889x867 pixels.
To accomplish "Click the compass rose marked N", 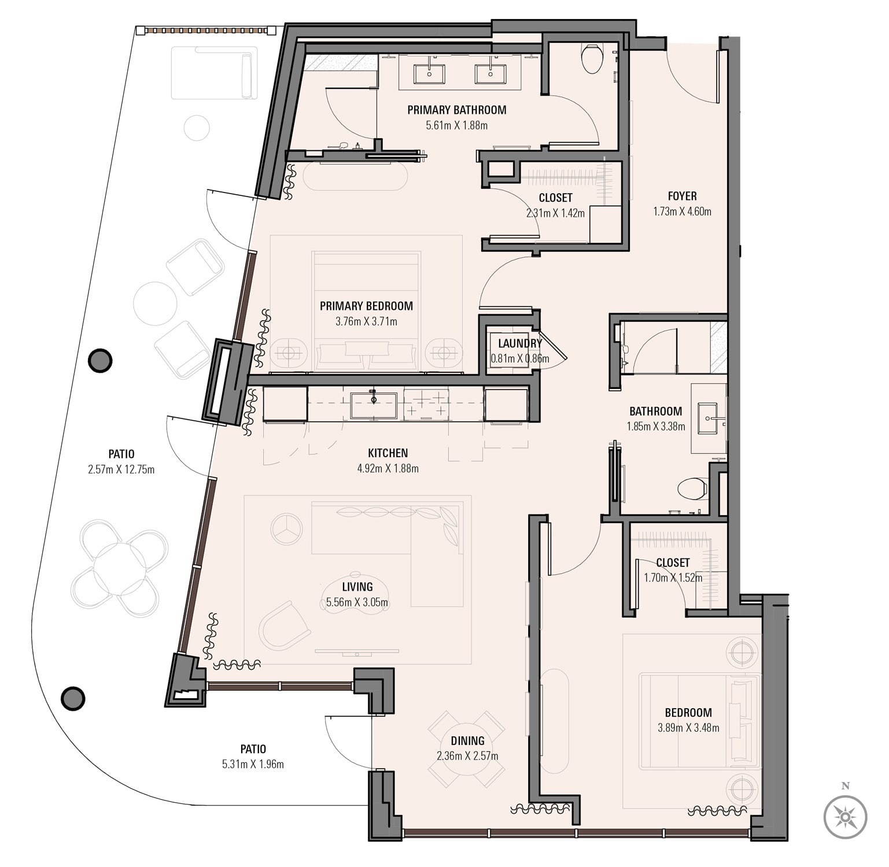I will [845, 817].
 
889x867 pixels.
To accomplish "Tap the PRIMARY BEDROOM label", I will [366, 306].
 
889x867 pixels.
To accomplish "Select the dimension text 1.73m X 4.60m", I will [682, 212].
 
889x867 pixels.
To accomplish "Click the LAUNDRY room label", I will [519, 343].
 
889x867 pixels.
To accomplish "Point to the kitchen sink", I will [374, 405].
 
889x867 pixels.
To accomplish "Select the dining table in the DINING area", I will [466, 749].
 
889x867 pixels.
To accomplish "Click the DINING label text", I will [467, 741].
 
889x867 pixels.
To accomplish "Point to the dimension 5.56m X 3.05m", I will [357, 603].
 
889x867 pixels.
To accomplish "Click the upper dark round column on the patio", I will [100, 361].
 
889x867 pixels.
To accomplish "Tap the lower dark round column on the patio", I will [73, 698].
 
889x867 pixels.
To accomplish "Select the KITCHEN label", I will [388, 453].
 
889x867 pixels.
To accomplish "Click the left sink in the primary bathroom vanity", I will [429, 74].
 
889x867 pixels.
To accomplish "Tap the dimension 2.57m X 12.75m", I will [121, 470].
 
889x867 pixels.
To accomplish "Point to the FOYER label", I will [682, 196].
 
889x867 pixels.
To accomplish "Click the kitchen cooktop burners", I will [426, 403].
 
